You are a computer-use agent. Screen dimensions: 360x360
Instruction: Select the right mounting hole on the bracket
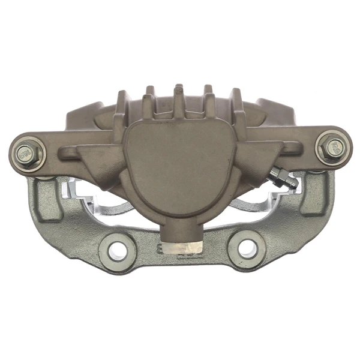coord(247,247)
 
